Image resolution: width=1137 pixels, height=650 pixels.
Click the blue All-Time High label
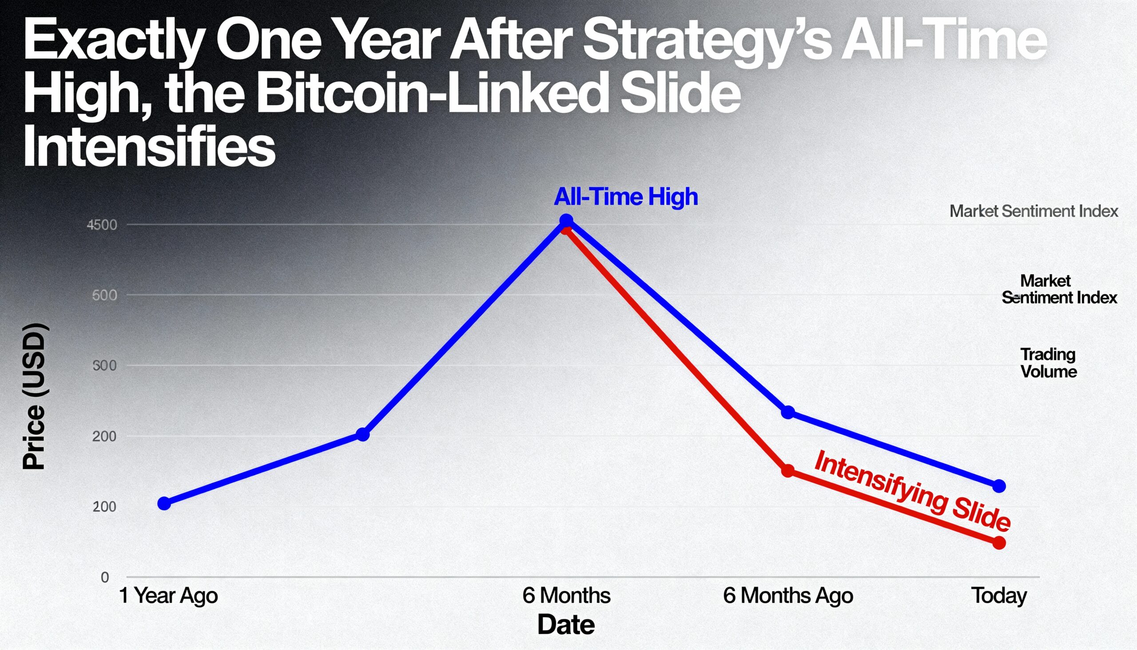(626, 196)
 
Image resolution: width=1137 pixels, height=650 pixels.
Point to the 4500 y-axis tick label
(102, 224)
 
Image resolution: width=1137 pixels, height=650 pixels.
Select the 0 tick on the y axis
(105, 577)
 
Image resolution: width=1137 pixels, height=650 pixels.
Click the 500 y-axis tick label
(104, 295)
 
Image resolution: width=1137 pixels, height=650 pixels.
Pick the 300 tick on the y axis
(104, 366)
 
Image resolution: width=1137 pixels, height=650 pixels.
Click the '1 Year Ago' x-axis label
(168, 595)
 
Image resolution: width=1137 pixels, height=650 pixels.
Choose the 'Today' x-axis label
(999, 595)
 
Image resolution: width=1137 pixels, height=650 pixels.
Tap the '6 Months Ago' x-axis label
(787, 595)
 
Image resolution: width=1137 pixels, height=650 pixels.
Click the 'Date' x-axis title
(566, 625)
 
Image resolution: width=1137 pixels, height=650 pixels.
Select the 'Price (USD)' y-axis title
(34, 396)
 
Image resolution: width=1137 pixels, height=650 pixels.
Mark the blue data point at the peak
(566, 220)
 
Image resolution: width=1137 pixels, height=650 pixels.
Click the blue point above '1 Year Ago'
(164, 503)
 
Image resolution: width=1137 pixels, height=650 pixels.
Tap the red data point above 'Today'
(999, 543)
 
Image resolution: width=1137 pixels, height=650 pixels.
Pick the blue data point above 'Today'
(999, 486)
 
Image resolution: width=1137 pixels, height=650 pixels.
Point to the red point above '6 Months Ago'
(788, 471)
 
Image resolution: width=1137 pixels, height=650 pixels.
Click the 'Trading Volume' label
(1048, 363)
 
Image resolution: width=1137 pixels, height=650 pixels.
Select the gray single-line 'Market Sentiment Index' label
(1034, 211)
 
